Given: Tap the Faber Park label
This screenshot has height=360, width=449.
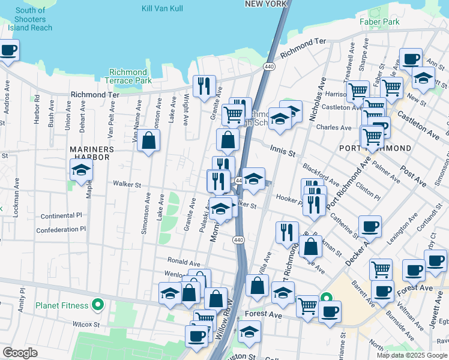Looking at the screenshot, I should pyautogui.click(x=379, y=22).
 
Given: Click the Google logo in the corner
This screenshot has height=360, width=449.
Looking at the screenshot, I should pyautogui.click(x=20, y=353).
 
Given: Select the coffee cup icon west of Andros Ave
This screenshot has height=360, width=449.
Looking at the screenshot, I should pyautogui.click(x=8, y=50).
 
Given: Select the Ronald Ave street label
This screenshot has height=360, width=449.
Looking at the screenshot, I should pyautogui.click(x=184, y=263).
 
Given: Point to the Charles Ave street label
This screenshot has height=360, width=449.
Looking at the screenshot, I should pyautogui.click(x=334, y=128).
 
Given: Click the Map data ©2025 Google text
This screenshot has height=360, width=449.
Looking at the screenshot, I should pyautogui.click(x=411, y=355).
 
